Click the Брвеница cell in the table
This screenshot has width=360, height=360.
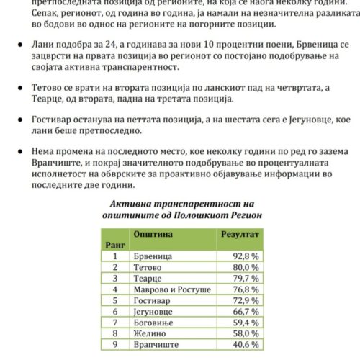pyautogui.click(x=151, y=256)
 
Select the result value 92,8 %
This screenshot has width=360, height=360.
pyautogui.click(x=243, y=256)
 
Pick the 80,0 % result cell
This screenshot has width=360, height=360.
pyautogui.click(x=243, y=266)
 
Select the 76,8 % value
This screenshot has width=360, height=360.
pyautogui.click(x=243, y=289)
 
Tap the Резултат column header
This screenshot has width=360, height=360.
pyautogui.click(x=239, y=235)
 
